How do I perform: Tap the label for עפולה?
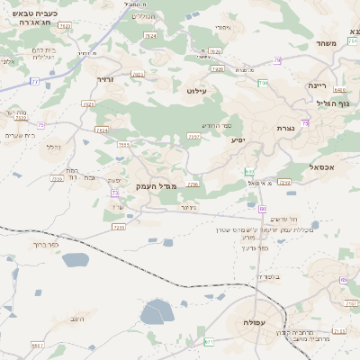click(244, 322)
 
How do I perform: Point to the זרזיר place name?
click(106, 79)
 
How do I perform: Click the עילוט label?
click(195, 91)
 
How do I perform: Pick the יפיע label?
click(238, 139)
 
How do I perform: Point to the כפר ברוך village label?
click(44, 245)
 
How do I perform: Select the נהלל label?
click(54, 147)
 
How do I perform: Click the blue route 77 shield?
click(35, 81)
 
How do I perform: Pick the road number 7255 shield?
click(118, 227)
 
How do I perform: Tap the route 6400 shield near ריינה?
click(339, 90)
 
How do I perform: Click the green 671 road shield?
click(210, 342)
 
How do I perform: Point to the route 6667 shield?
click(37, 345)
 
